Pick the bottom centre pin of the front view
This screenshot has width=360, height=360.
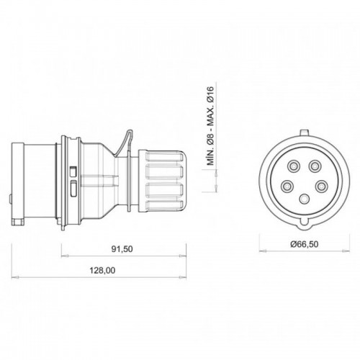pyautogui.click(x=303, y=198)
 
